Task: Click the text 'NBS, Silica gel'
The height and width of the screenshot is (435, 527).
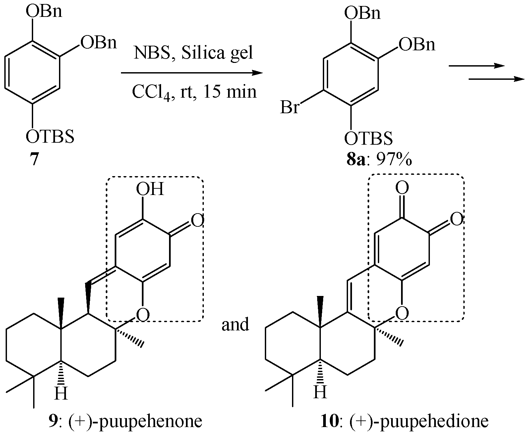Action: click(194, 53)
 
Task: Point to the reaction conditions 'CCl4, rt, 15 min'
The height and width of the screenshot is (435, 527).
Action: click(194, 91)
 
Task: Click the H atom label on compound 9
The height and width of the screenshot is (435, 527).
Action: click(61, 394)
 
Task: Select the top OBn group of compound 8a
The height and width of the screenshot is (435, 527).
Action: click(362, 14)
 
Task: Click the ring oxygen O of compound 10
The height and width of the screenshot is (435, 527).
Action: click(402, 313)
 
